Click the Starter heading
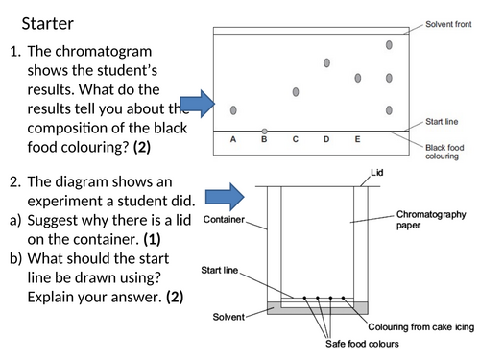[48, 24]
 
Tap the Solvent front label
[448, 24]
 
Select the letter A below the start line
[233, 139]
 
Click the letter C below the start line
[296, 139]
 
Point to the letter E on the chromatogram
[357, 139]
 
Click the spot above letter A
[233, 110]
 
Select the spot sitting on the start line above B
[264, 132]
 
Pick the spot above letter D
[326, 62]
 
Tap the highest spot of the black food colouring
[389, 45]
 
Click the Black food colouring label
[444, 152]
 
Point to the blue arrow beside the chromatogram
[198, 104]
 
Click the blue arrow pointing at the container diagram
[225, 197]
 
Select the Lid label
[376, 173]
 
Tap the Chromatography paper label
[431, 220]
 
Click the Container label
[224, 220]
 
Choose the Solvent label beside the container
[228, 317]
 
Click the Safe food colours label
[362, 344]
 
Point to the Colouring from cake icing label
[420, 327]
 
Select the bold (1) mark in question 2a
[152, 239]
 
